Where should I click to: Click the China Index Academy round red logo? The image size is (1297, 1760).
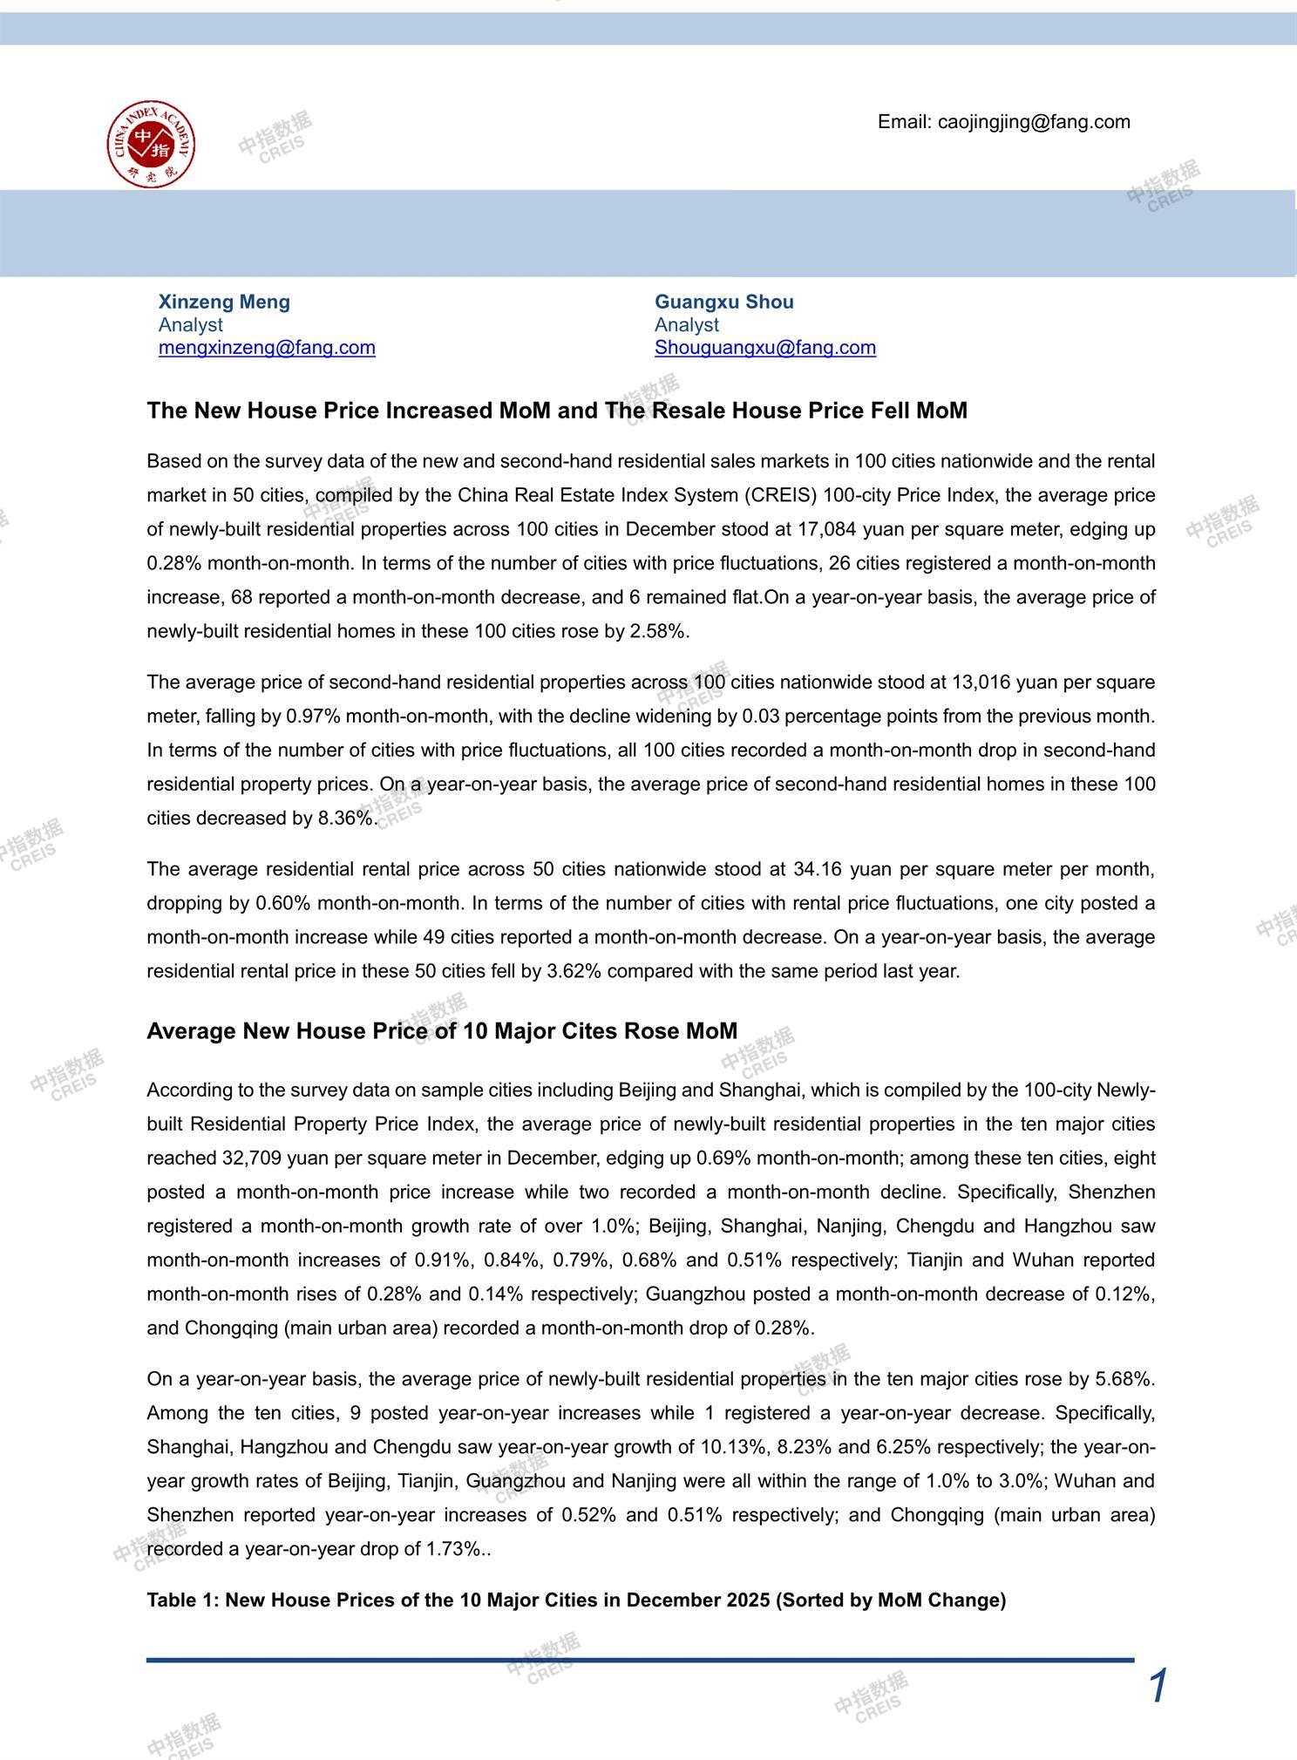tap(151, 143)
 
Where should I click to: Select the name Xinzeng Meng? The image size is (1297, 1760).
tap(224, 302)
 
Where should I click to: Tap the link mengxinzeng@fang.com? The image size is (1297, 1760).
tap(267, 347)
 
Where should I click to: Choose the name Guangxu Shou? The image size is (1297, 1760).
tap(723, 302)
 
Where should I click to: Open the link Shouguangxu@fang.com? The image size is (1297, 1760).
tap(765, 347)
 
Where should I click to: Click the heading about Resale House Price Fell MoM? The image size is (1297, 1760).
tap(557, 411)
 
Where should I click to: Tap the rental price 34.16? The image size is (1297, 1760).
tap(816, 869)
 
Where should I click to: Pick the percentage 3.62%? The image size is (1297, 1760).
tap(574, 971)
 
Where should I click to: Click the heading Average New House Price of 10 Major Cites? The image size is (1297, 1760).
tap(442, 1031)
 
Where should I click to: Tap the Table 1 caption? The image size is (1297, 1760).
tap(576, 1600)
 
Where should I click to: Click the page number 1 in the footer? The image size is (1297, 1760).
tap(1158, 1686)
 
